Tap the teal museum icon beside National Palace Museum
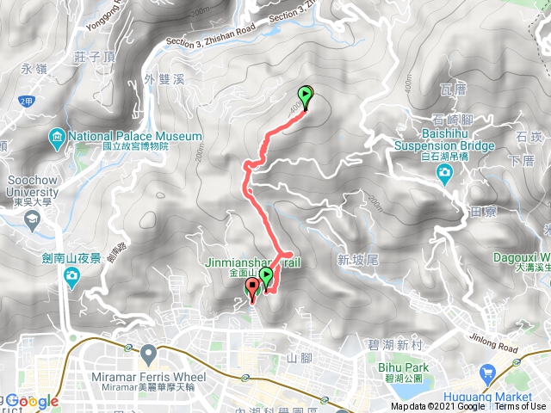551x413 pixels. pyautogui.click(x=57, y=136)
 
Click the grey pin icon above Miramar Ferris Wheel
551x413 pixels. pyautogui.click(x=149, y=352)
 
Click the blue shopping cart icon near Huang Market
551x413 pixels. pyautogui.click(x=487, y=373)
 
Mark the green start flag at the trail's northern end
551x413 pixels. pyautogui.click(x=305, y=96)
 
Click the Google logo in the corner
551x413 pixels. pyautogui.click(x=33, y=401)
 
